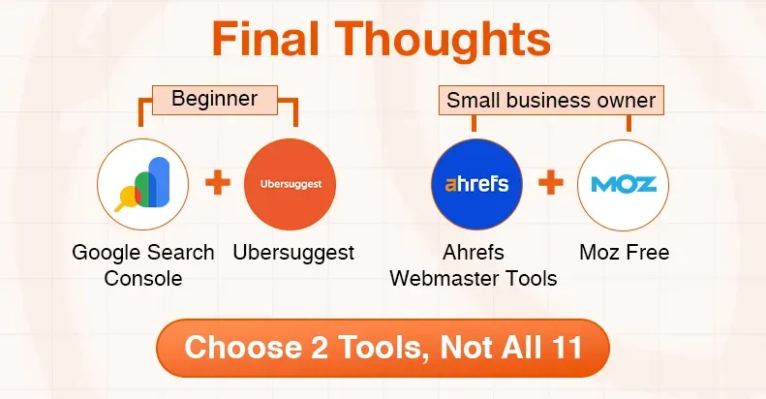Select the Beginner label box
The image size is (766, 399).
pyautogui.click(x=214, y=98)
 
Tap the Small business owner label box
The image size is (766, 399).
pyautogui.click(x=551, y=100)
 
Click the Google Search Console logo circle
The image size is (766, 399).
pyautogui.click(x=142, y=184)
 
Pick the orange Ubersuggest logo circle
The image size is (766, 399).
pyautogui.click(x=290, y=184)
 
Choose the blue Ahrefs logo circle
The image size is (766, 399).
pyautogui.click(x=476, y=184)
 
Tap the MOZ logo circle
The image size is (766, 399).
pyautogui.click(x=623, y=184)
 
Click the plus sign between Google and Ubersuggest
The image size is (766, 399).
pyautogui.click(x=218, y=183)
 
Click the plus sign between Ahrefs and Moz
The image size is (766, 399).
pyautogui.click(x=550, y=183)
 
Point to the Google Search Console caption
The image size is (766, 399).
pyautogui.click(x=143, y=265)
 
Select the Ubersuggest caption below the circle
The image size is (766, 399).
pyautogui.click(x=293, y=253)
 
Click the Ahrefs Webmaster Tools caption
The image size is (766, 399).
pyautogui.click(x=474, y=265)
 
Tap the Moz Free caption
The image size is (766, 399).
pyautogui.click(x=624, y=253)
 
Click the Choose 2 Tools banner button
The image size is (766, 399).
pyautogui.click(x=383, y=347)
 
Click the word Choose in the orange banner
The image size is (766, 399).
pyautogui.click(x=236, y=347)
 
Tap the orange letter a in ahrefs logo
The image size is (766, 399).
pyautogui.click(x=449, y=184)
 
